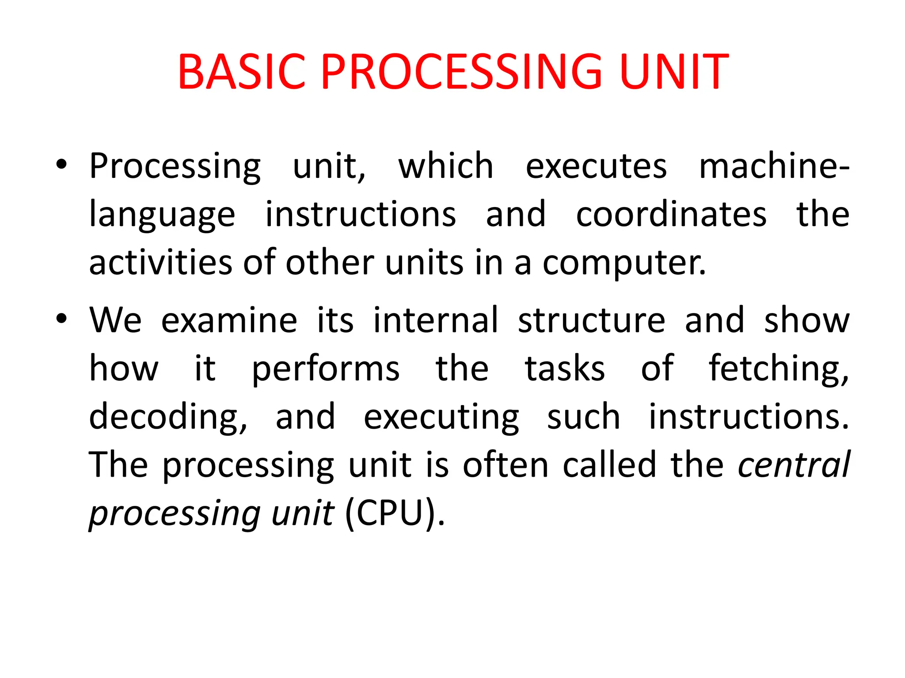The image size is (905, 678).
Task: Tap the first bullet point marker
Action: [61, 165]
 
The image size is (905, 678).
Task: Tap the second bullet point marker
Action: [61, 319]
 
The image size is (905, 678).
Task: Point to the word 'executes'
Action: [596, 167]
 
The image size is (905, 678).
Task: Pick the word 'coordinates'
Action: [671, 215]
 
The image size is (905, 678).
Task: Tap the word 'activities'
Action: [160, 263]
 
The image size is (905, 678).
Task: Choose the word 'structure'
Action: [591, 320]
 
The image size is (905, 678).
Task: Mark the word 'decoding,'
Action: [168, 418]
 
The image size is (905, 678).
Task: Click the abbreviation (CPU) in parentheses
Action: [390, 514]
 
